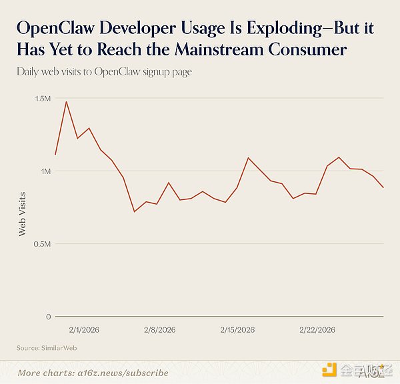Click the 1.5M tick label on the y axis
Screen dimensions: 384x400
pyautogui.click(x=42, y=99)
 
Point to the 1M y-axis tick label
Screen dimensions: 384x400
pyautogui.click(x=45, y=171)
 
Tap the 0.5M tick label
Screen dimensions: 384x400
pyautogui.click(x=42, y=244)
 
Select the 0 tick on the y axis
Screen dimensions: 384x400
pyautogui.click(x=49, y=317)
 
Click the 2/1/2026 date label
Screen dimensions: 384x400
pyautogui.click(x=84, y=330)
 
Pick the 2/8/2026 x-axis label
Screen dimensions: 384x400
pyautogui.click(x=160, y=330)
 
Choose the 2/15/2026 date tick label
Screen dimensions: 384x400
pyautogui.click(x=237, y=330)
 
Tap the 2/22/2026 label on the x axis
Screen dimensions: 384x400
pyautogui.click(x=317, y=330)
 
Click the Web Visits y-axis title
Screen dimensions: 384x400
pyautogui.click(x=22, y=213)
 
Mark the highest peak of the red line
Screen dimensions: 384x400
pyautogui.click(x=66, y=101)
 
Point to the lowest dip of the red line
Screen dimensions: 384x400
pyautogui.click(x=135, y=212)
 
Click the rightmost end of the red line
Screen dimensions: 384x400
pyautogui.click(x=383, y=188)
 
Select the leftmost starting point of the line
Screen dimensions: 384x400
pyautogui.click(x=55, y=155)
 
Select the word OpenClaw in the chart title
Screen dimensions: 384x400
pyautogui.click(x=52, y=29)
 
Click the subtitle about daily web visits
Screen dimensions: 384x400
pyautogui.click(x=104, y=72)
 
